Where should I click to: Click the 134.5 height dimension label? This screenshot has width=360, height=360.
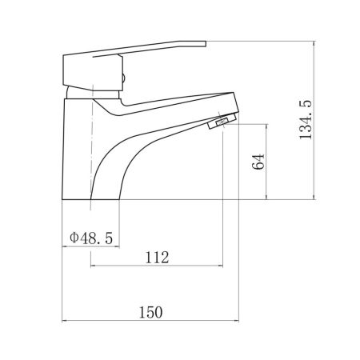tap(306, 119)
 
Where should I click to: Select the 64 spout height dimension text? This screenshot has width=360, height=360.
tap(258, 162)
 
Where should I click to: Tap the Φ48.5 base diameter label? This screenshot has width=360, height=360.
tap(91, 238)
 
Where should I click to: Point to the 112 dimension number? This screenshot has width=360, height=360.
tap(157, 258)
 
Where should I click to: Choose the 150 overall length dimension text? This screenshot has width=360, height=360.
tap(150, 312)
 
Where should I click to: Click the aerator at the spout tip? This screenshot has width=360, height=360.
tap(222, 121)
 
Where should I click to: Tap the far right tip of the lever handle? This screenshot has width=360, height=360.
tap(206, 44)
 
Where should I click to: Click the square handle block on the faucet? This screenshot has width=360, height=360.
tap(93, 72)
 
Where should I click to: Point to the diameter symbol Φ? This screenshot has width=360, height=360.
tap(74, 238)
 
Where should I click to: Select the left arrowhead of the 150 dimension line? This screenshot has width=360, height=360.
tap(64, 321)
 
